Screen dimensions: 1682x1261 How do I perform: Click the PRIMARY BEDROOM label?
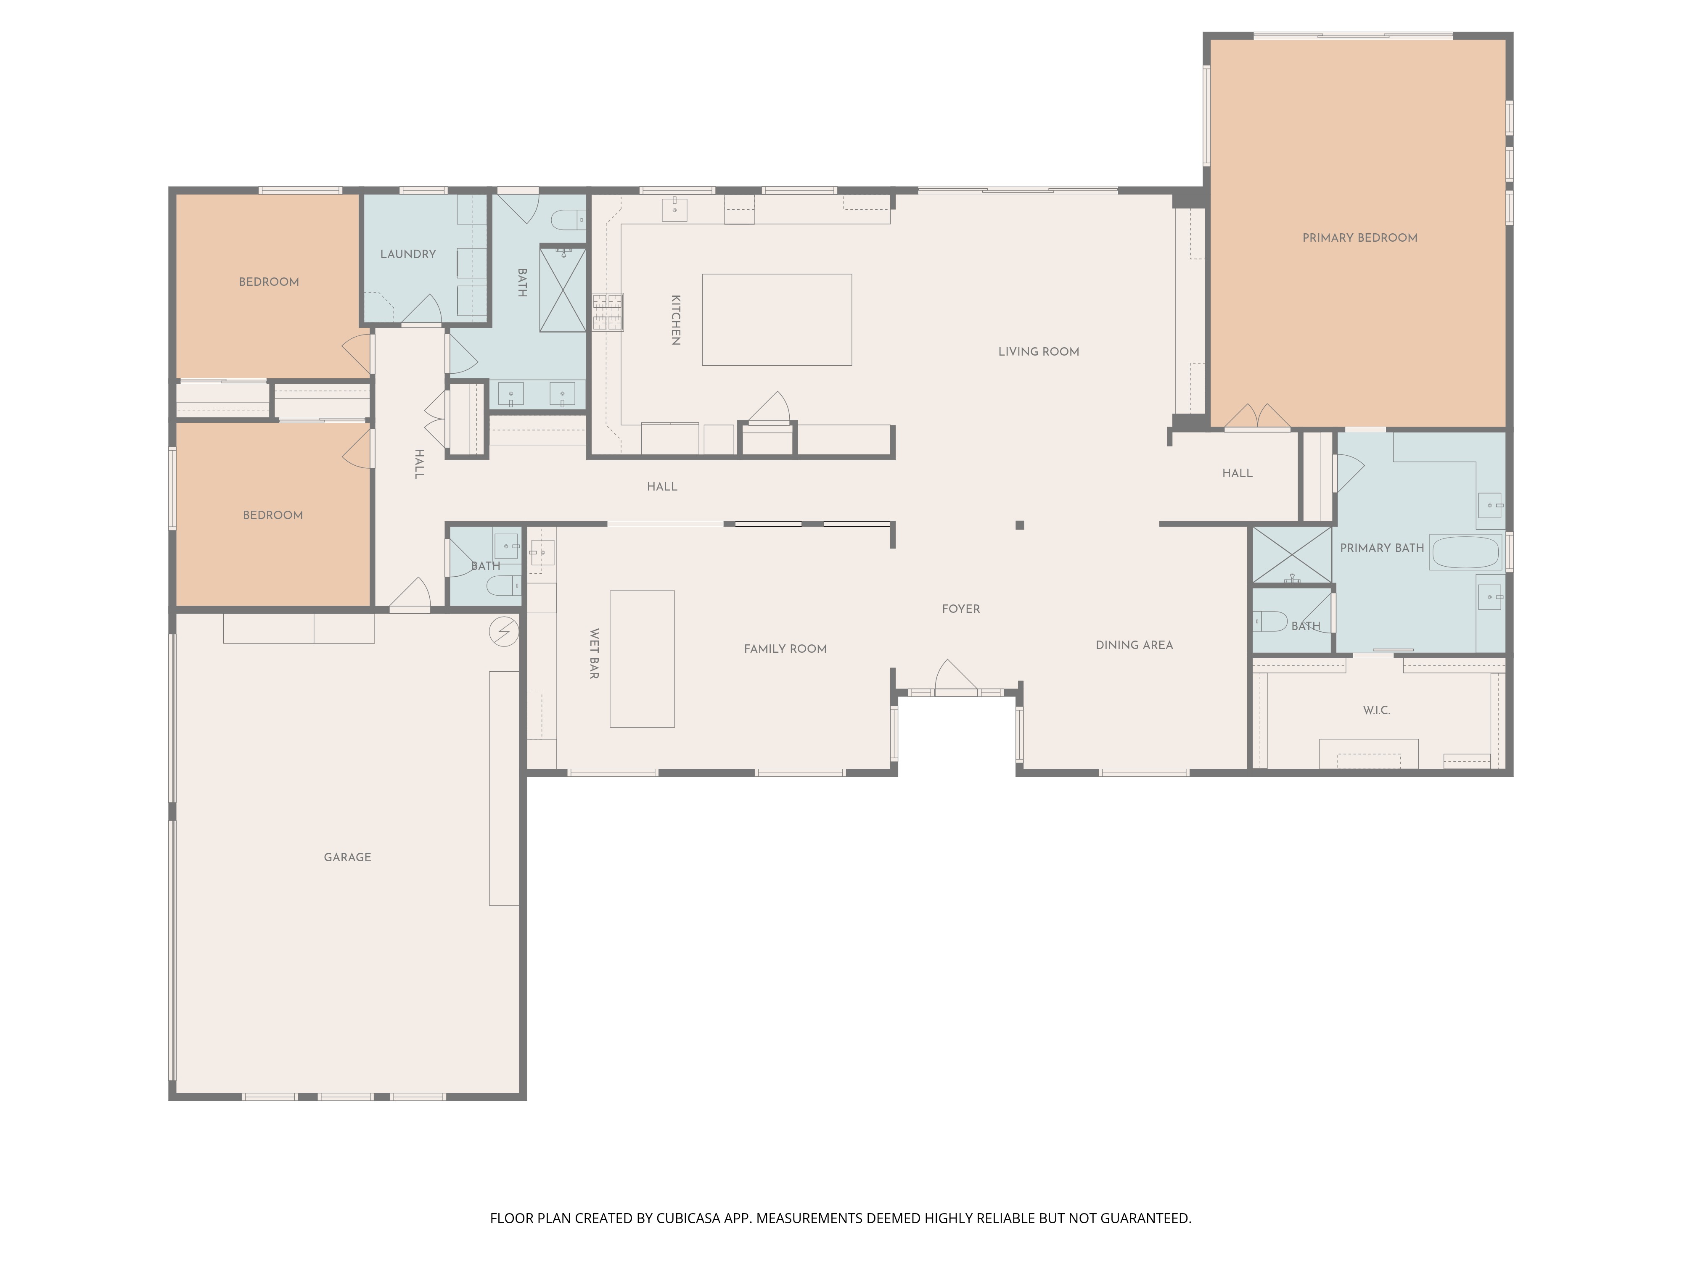tap(1359, 238)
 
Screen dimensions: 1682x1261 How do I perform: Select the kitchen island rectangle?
tap(776, 320)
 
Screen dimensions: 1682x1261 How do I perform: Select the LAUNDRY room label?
tap(408, 254)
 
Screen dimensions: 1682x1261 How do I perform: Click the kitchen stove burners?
tap(608, 311)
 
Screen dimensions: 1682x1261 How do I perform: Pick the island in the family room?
tap(642, 659)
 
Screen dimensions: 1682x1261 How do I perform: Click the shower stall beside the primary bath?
tap(1292, 555)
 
